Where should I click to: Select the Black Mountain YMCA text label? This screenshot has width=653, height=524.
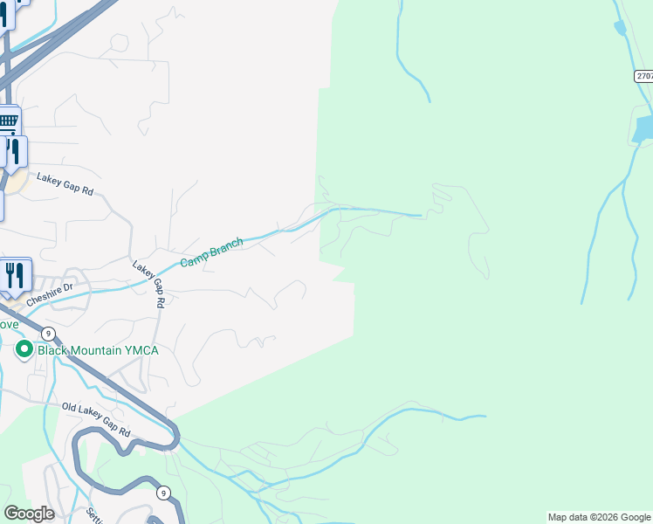[98, 350]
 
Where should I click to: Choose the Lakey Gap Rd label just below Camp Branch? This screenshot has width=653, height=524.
[149, 284]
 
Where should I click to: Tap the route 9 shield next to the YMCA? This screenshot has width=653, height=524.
[48, 333]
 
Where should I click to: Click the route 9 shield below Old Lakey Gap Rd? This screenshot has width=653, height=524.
[163, 493]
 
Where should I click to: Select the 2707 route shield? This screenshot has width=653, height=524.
[644, 77]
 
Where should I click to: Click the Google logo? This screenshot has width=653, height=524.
[29, 514]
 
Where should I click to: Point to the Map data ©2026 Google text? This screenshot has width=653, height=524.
[599, 517]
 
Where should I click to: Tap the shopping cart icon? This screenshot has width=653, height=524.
[8, 121]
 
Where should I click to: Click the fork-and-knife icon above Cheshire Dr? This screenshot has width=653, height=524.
[15, 275]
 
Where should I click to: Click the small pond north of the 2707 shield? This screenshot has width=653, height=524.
[620, 28]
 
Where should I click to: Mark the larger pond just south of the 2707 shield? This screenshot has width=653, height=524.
[644, 129]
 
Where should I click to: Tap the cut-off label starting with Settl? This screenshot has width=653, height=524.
[93, 514]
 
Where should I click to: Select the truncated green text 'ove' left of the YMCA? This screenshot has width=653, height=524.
[8, 324]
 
